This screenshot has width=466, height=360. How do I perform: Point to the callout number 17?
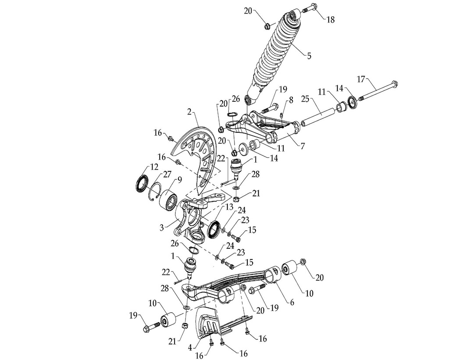click(361, 79)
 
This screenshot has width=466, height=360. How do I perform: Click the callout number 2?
click(190, 112)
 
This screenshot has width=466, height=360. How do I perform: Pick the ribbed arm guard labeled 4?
click(210, 324)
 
